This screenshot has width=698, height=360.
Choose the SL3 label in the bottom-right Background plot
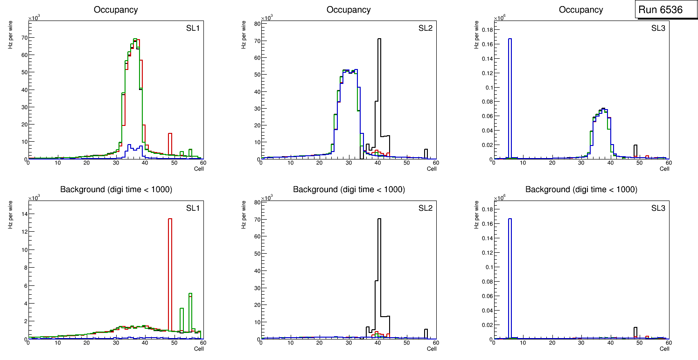tap(658, 208)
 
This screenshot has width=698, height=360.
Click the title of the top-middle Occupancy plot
tap(349, 10)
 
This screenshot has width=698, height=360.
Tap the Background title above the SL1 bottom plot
tap(116, 189)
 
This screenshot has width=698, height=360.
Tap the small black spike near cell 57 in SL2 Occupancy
tap(426, 153)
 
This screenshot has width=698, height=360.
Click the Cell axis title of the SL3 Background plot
tap(664, 349)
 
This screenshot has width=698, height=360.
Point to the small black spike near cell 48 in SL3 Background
tap(635, 332)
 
